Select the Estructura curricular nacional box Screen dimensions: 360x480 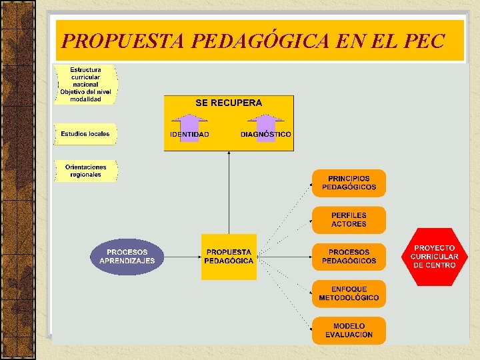(86, 84)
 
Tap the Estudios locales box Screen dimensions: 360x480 (85, 134)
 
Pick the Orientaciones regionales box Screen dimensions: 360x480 (85, 171)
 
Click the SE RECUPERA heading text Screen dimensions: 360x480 (229, 103)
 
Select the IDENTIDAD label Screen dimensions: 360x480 (189, 135)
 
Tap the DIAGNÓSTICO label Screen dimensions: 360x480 (266, 135)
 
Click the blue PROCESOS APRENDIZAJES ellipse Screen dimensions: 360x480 (127, 257)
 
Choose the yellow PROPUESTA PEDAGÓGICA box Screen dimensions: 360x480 (229, 257)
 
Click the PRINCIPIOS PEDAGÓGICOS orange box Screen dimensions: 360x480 (349, 183)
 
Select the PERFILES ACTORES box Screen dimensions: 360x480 (349, 220)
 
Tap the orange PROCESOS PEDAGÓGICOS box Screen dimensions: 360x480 (349, 257)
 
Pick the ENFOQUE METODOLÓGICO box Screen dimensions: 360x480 (349, 293)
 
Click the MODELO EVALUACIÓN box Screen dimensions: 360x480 (349, 331)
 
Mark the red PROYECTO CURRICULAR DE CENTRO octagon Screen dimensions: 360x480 (434, 257)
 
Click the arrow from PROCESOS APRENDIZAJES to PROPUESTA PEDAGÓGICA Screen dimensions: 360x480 (182, 257)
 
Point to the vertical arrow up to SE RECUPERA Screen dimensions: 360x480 (229, 193)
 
